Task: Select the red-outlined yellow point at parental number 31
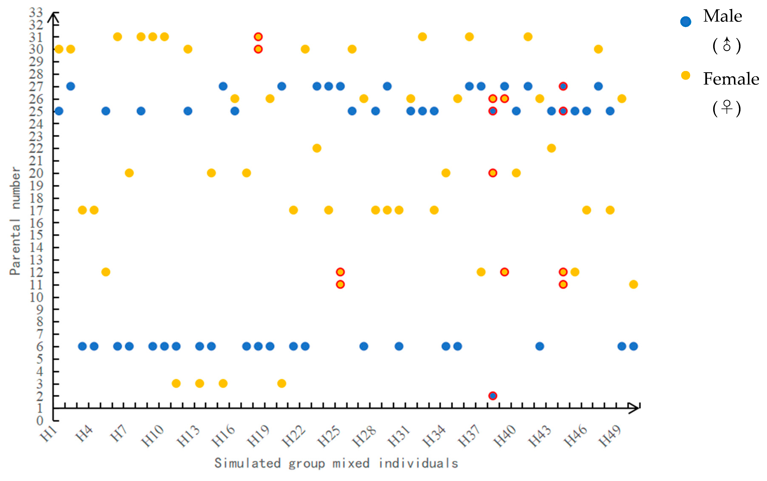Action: [x=258, y=37]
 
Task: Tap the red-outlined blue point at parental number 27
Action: [x=563, y=86]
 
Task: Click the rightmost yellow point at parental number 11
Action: [x=633, y=284]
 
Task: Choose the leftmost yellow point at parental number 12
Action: [x=106, y=272]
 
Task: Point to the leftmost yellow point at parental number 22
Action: [x=317, y=148]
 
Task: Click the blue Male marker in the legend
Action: [x=686, y=22]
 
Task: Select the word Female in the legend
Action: [x=731, y=79]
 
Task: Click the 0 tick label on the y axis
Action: [x=39, y=421]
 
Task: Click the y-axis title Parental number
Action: [x=15, y=221]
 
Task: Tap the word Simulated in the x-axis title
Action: [x=247, y=463]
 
